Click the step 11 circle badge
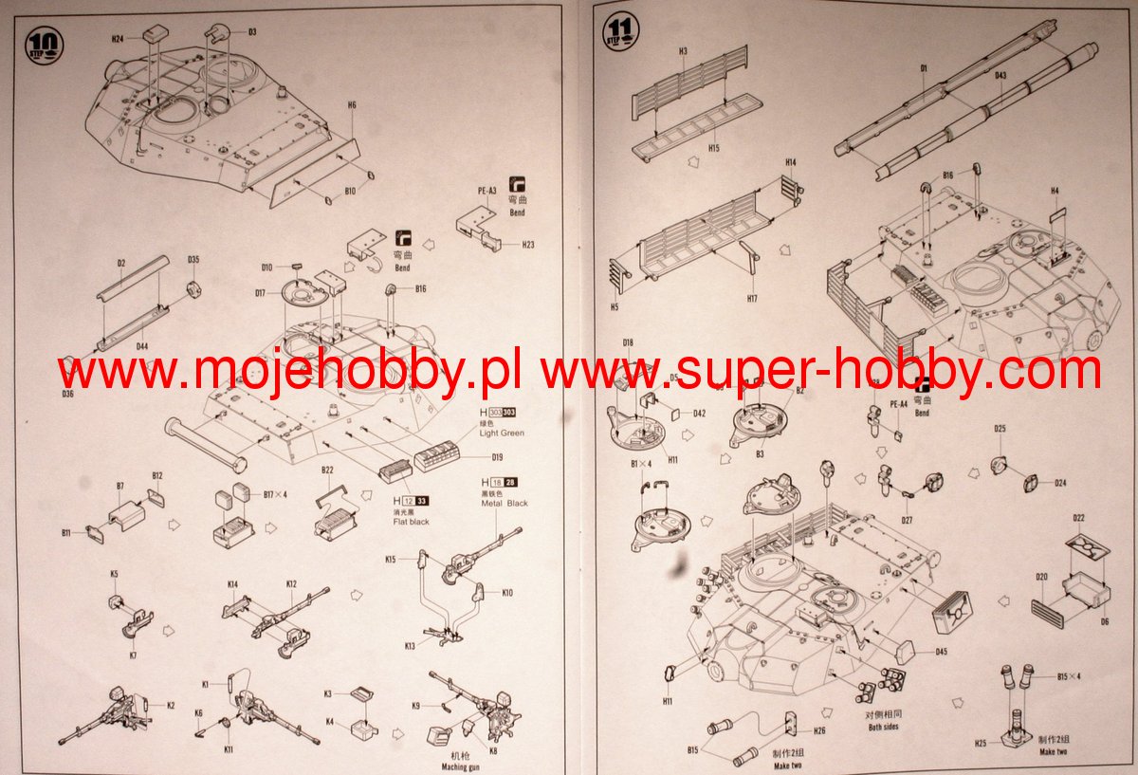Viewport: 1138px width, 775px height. [x=621, y=30]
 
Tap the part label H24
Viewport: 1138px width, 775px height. [x=118, y=39]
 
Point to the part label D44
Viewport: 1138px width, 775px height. [x=141, y=347]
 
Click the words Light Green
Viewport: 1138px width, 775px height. [x=502, y=433]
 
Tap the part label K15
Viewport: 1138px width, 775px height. [x=391, y=560]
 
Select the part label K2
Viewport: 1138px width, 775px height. [x=171, y=705]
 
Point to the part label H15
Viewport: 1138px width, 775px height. [x=713, y=148]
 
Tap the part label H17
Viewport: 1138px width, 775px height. [x=751, y=299]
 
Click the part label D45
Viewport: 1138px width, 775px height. [x=941, y=652]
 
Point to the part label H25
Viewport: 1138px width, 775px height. [x=980, y=743]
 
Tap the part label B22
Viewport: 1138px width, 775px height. [x=328, y=471]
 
